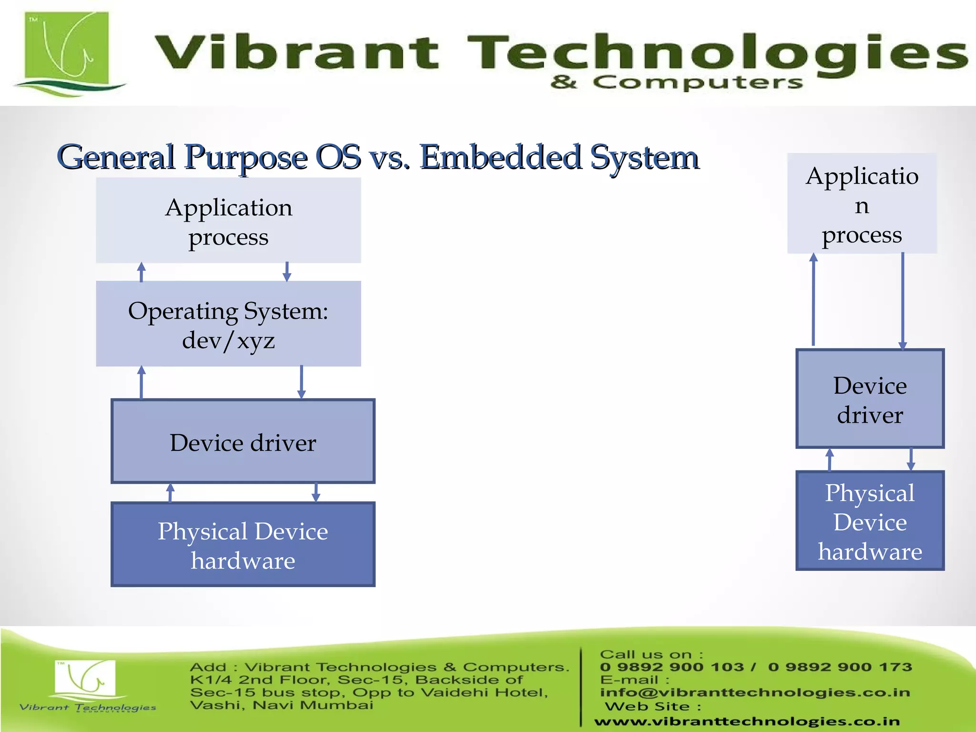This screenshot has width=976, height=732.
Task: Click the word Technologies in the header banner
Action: click(x=715, y=52)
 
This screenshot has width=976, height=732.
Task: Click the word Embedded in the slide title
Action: click(x=500, y=157)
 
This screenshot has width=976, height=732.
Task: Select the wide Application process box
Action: click(x=228, y=221)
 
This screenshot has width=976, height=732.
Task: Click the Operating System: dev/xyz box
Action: click(x=228, y=324)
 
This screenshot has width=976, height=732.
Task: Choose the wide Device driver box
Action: click(x=243, y=441)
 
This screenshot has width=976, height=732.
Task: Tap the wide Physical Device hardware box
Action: click(x=243, y=544)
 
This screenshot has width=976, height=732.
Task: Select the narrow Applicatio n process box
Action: click(x=862, y=203)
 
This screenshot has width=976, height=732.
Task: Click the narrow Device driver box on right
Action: click(x=870, y=399)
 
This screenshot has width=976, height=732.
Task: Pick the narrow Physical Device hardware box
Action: click(x=870, y=521)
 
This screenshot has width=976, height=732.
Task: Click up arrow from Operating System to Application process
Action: click(x=141, y=272)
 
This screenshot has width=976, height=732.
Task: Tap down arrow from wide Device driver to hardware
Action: click(x=315, y=492)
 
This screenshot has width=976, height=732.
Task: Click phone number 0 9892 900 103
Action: click(x=672, y=667)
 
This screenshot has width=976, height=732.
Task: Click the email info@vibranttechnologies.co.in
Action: click(x=755, y=692)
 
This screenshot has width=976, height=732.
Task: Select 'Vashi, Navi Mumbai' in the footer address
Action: click(x=282, y=705)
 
